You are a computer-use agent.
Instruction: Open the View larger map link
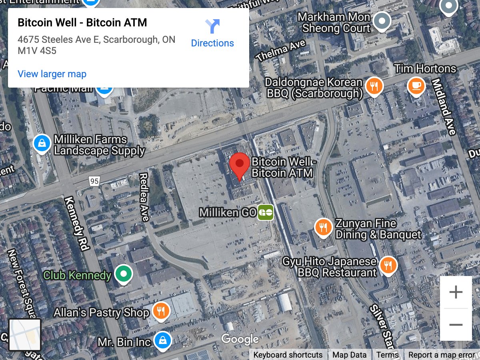point(52,74)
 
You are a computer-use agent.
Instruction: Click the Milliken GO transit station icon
point(266,212)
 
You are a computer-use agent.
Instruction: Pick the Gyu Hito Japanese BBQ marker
point(387,265)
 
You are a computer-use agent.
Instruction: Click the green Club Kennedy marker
point(123,274)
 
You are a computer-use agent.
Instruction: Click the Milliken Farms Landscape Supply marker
point(42,143)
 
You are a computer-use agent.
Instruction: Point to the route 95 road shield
point(94,182)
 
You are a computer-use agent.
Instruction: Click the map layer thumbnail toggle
point(25,334)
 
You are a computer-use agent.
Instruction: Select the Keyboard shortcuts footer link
point(288,355)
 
